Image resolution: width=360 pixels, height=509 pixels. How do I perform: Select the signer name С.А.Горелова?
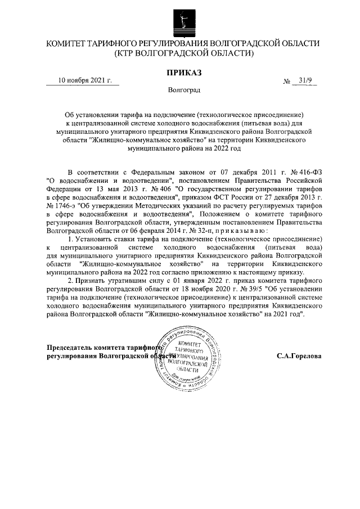click(x=299, y=355)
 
